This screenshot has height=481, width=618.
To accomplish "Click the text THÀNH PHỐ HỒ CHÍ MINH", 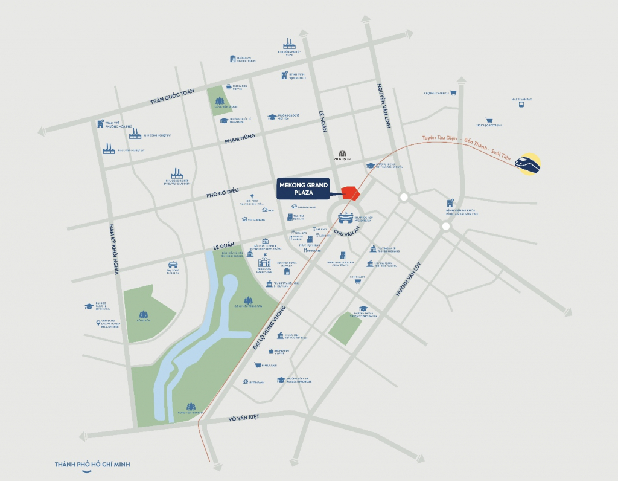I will [92, 464].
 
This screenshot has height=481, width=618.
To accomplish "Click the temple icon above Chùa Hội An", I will [342, 153].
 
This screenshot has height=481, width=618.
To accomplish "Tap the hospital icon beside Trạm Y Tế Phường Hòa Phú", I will [101, 124].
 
